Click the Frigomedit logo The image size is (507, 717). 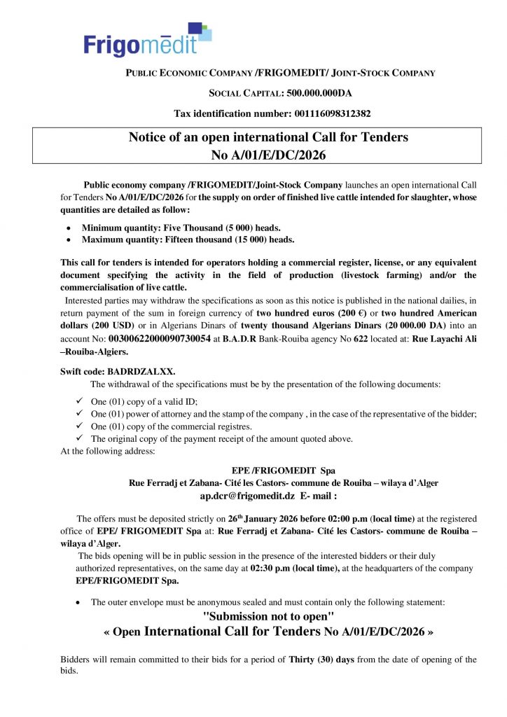coord(147,40)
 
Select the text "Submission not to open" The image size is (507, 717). coord(268,616)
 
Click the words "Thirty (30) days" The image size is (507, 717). coord(321,660)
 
